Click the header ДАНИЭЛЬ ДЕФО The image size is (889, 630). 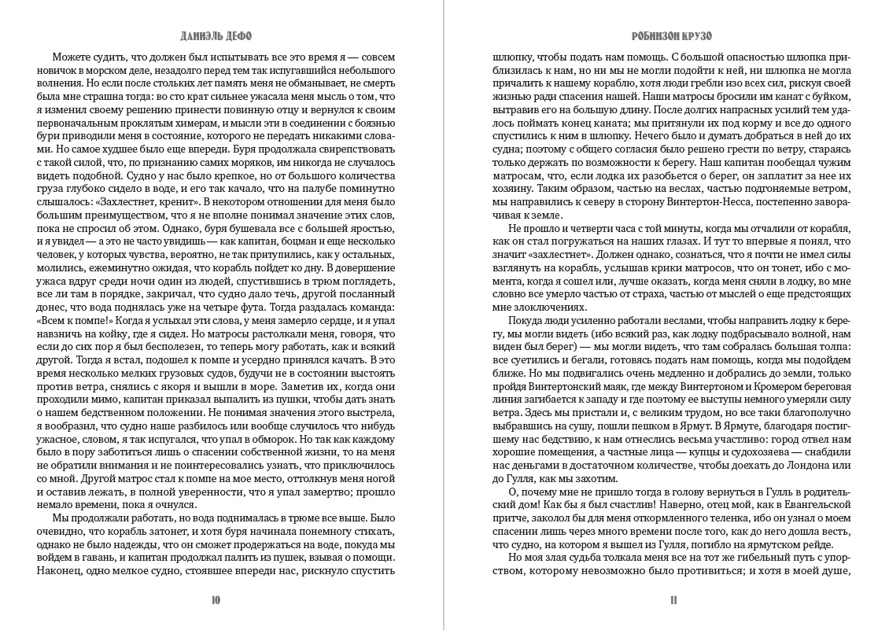coord(216,36)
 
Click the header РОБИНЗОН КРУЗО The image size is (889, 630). coord(672,36)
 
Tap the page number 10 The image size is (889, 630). coord(216,601)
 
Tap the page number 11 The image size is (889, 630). coord(673,601)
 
